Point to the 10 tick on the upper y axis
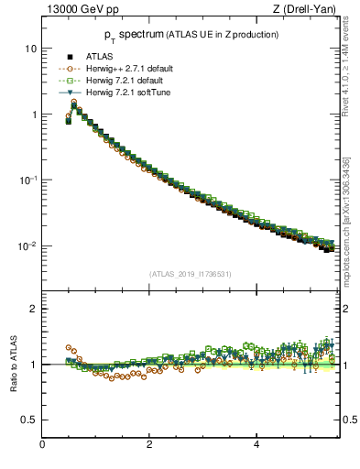(x=32, y=48)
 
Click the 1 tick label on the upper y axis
(x=35, y=115)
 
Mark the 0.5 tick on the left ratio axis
(x=30, y=420)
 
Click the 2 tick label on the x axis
(x=149, y=444)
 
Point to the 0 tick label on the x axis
(x=42, y=444)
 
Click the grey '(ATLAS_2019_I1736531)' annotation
(x=189, y=273)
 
